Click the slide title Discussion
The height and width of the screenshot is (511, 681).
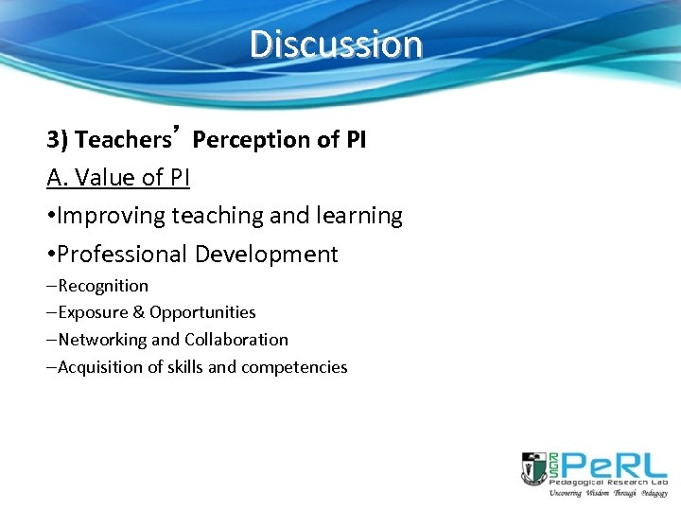tap(336, 44)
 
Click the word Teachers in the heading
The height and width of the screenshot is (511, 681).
tap(120, 140)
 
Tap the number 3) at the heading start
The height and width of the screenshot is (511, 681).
tap(58, 140)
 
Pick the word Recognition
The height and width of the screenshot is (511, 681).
tap(103, 286)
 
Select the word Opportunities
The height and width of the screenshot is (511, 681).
tap(202, 312)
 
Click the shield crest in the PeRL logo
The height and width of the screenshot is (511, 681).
tap(532, 467)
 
